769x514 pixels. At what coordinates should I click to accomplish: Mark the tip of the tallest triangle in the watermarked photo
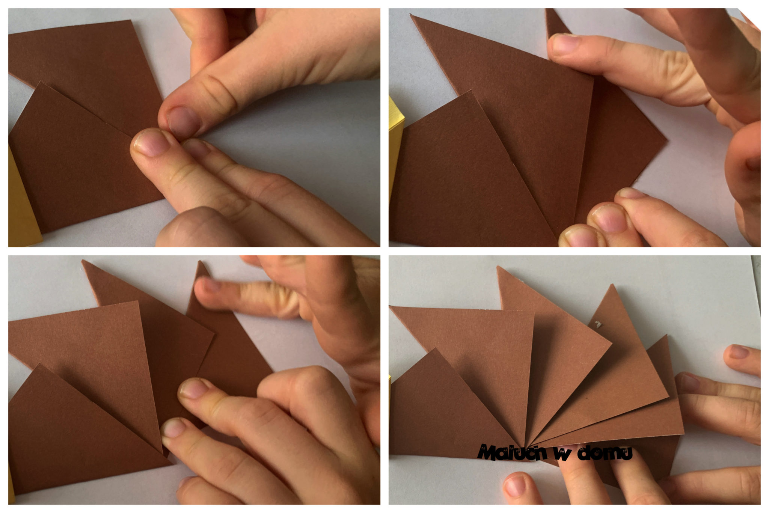pos(498,267)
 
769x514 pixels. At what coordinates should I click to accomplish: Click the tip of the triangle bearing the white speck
pos(612,285)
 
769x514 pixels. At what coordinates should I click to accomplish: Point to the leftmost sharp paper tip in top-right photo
pos(411,15)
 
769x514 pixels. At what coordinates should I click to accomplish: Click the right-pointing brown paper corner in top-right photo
pos(666,142)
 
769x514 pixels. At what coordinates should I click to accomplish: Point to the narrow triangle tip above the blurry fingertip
pos(202,262)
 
